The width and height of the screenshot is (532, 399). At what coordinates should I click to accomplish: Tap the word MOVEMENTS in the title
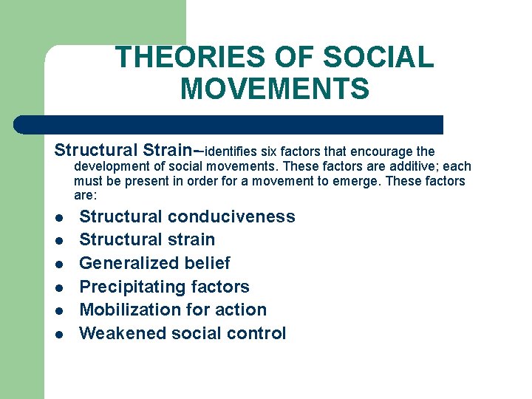click(274, 89)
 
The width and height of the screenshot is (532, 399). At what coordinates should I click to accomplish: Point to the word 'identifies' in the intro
click(231, 151)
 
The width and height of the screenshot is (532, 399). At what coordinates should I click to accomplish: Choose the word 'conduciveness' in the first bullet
click(231, 216)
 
